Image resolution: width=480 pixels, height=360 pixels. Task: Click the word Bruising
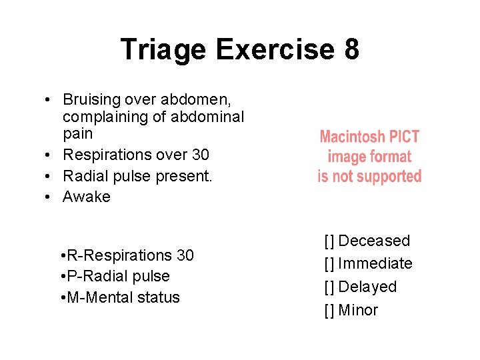pyautogui.click(x=89, y=100)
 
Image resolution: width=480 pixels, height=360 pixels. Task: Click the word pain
pyautogui.click(x=77, y=134)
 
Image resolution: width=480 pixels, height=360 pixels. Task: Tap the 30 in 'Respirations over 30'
pyautogui.click(x=199, y=155)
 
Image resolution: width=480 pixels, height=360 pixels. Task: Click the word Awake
pyautogui.click(x=87, y=197)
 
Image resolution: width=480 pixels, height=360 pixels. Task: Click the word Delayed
pyautogui.click(x=367, y=287)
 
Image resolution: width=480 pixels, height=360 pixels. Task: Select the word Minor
pyautogui.click(x=358, y=311)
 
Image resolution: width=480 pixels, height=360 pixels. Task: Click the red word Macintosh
pyautogui.click(x=353, y=137)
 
